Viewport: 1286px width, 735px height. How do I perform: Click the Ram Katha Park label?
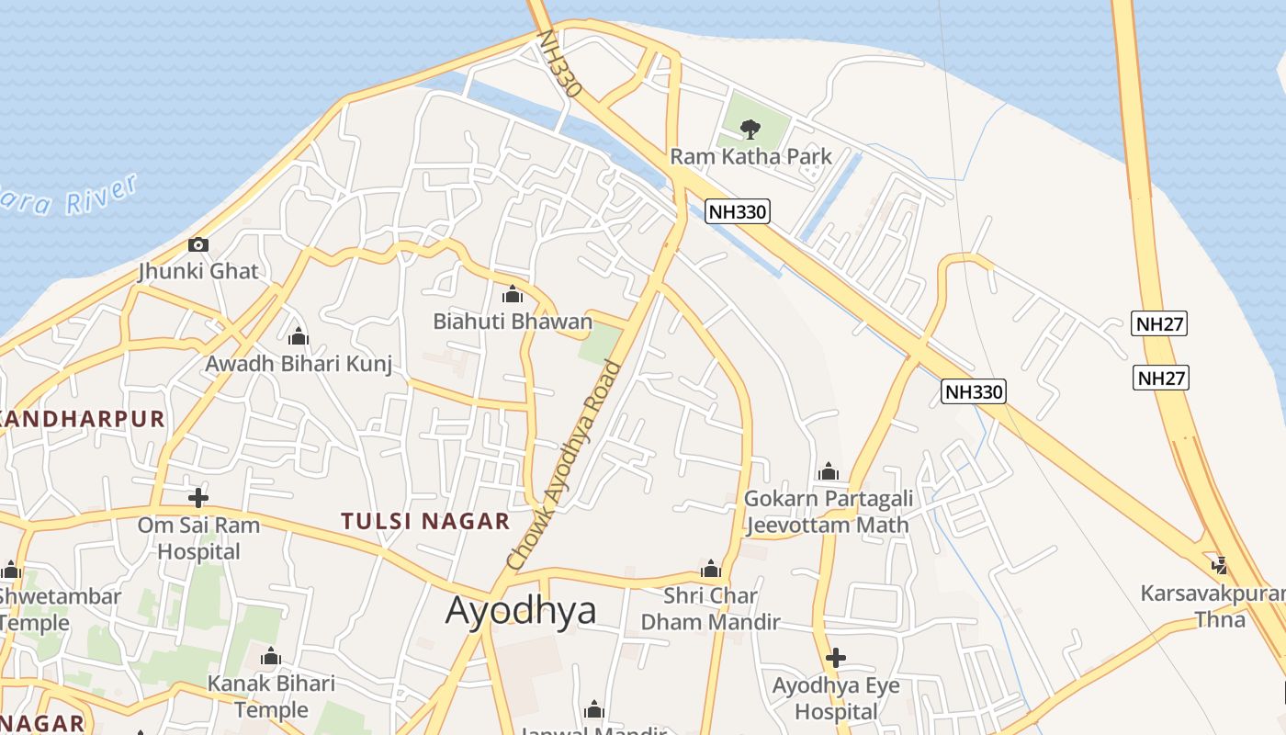tap(750, 156)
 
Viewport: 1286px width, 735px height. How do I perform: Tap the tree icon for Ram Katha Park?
tap(750, 129)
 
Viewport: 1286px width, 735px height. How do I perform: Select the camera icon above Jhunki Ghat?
tap(197, 244)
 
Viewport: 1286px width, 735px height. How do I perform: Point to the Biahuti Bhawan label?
tap(513, 322)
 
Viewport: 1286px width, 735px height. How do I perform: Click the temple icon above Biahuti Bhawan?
tap(512, 295)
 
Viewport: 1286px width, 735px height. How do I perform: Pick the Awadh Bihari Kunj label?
tap(298, 364)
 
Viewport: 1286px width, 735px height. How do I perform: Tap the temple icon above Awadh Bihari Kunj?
tap(298, 337)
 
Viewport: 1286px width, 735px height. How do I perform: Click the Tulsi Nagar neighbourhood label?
tap(424, 522)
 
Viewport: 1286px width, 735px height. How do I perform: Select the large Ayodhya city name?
tap(521, 611)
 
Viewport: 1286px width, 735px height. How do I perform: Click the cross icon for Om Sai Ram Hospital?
tap(197, 498)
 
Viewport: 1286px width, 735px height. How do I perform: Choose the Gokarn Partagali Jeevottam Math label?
tap(828, 512)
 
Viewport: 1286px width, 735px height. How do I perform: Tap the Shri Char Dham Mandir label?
tap(710, 608)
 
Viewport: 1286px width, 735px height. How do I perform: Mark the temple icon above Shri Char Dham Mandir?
tap(710, 569)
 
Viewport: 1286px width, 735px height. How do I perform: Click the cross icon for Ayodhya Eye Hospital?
tap(835, 658)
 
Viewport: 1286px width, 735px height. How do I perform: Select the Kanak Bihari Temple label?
tap(271, 696)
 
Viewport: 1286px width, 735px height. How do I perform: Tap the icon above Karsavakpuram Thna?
tap(1220, 564)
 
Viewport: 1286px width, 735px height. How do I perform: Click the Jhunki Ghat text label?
tap(198, 272)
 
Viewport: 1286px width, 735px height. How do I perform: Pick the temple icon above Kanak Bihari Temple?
tap(270, 657)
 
